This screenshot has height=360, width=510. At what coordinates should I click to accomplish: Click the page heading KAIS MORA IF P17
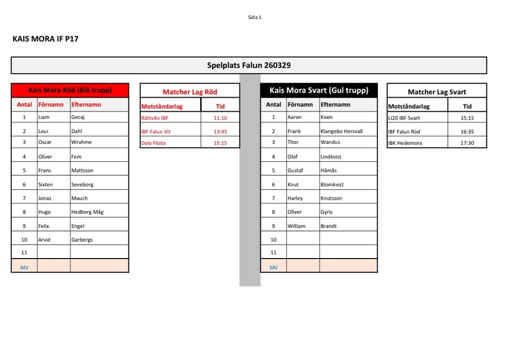coord(45,39)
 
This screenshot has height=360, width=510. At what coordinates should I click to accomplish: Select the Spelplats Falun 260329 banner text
coord(249,65)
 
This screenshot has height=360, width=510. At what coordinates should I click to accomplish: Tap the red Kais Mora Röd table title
coord(70,90)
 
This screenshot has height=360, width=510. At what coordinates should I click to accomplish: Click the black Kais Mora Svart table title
coord(319,90)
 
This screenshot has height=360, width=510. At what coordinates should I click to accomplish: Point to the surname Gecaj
coord(78,117)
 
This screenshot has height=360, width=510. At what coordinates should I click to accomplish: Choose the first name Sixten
coord(46,184)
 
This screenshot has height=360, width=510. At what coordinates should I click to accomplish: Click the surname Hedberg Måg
coord(87,212)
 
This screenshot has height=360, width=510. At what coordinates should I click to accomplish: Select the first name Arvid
coord(44,239)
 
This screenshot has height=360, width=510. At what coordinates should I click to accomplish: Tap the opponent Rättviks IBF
coord(155,118)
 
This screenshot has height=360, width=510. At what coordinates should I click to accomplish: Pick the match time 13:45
coord(220,132)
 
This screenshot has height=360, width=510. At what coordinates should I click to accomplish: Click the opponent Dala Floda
coord(154,143)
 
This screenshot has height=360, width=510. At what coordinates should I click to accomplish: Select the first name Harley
coord(295,198)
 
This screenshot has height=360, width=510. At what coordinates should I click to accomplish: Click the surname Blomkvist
coord(332,184)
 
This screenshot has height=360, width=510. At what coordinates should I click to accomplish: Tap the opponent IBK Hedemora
coord(406,143)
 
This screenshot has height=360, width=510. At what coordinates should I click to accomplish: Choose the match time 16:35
coord(467,132)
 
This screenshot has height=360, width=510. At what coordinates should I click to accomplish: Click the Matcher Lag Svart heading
coord(437,92)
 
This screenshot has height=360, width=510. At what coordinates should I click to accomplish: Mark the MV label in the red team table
coord(24,268)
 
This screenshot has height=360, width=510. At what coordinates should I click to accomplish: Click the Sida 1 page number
coord(254,17)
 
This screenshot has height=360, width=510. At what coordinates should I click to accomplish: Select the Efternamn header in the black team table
coord(335,105)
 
